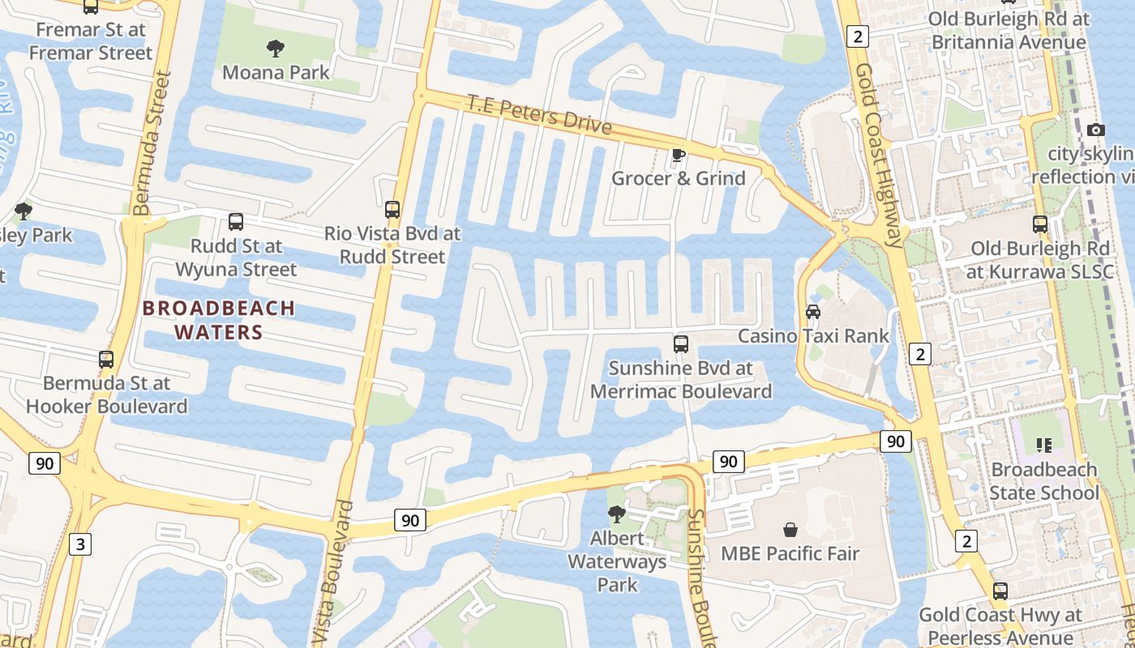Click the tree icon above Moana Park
[x=276, y=49]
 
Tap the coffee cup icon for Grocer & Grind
[x=679, y=155]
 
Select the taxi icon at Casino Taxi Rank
[x=812, y=312]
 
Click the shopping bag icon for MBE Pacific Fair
[x=790, y=530]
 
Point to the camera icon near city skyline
[x=1095, y=130]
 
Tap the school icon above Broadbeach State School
[x=1044, y=445]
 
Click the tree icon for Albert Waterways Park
[x=616, y=514]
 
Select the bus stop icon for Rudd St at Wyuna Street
[x=236, y=221]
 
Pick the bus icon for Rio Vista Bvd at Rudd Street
[x=392, y=210]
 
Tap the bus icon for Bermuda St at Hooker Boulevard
[x=106, y=359]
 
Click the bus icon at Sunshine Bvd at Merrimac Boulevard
[x=681, y=344]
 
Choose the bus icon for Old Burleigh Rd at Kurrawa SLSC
[x=1040, y=224]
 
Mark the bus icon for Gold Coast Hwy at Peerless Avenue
[x=1000, y=591]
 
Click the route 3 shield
[x=79, y=544]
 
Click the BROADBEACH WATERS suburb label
[x=219, y=320]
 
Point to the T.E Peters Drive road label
[x=539, y=114]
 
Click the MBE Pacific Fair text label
[x=790, y=555]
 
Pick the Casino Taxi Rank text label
[x=813, y=336]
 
